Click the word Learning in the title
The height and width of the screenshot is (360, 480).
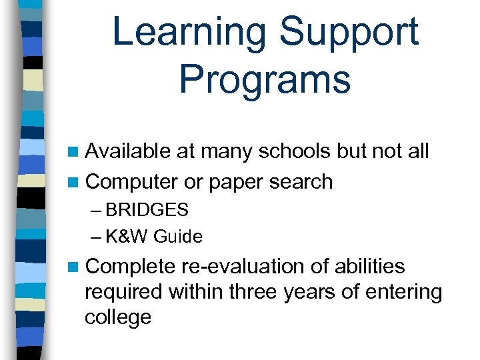click(191, 33)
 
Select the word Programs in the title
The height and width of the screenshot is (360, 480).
click(265, 79)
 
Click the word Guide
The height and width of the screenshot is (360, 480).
click(180, 237)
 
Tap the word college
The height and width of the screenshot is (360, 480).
click(118, 317)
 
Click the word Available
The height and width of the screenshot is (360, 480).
click(128, 151)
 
